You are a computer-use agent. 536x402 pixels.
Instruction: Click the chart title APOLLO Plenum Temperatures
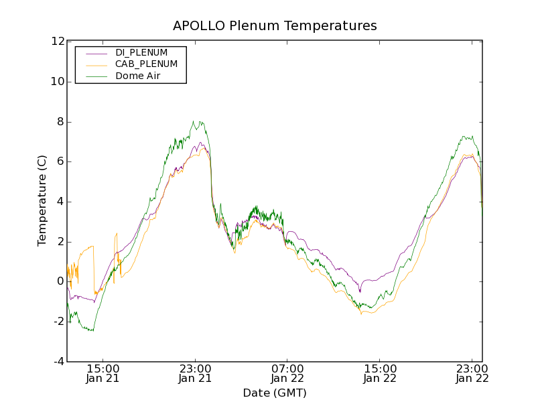275,26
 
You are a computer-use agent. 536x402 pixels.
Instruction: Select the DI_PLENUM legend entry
141,52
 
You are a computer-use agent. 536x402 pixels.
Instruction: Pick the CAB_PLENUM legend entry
146,64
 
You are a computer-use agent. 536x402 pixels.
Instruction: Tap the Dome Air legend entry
138,76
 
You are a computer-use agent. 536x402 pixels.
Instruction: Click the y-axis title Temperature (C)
42,201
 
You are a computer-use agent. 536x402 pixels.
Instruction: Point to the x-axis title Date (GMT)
275,393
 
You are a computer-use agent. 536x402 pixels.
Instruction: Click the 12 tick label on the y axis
57,42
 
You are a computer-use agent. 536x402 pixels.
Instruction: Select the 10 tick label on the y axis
57,82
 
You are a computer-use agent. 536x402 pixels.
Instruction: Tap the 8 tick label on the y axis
60,122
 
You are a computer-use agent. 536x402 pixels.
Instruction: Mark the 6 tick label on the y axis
60,161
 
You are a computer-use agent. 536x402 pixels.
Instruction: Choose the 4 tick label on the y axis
60,202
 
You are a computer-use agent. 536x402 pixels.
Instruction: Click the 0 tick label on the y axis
60,281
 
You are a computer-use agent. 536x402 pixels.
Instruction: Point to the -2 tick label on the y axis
58,322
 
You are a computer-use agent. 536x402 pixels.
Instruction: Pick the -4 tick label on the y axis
58,362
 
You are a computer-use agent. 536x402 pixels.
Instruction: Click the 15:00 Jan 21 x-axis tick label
103,373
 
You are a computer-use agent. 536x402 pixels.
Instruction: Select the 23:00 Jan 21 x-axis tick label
196,373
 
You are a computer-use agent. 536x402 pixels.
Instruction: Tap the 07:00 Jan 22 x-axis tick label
287,373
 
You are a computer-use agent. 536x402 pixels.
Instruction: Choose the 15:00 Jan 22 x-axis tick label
380,373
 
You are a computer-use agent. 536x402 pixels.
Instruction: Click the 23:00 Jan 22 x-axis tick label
472,373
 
